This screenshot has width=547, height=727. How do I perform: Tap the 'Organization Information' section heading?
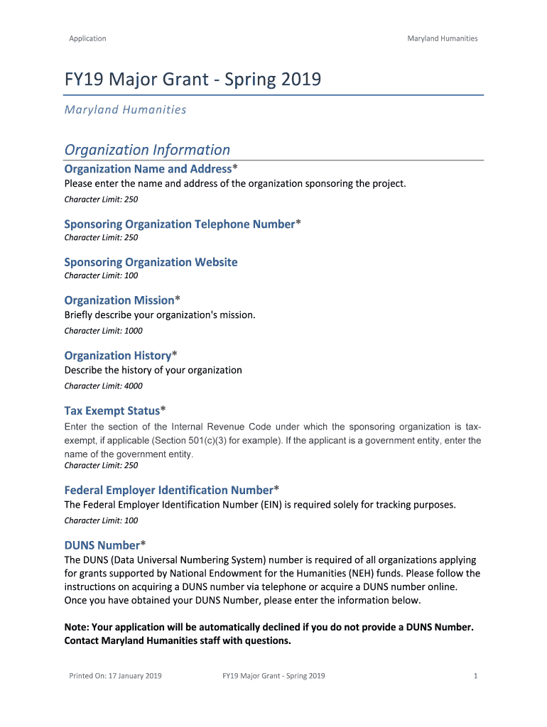[147, 150]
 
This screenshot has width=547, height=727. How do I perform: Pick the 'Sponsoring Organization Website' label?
[151, 262]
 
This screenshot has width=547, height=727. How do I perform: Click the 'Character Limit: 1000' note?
[103, 331]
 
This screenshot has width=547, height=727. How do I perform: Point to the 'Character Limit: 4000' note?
[103, 386]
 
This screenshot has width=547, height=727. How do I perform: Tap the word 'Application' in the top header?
[87, 38]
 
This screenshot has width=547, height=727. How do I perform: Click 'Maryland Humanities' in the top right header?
[442, 38]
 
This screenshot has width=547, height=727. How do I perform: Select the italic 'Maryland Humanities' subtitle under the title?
[125, 109]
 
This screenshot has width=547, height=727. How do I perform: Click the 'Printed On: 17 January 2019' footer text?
[115, 676]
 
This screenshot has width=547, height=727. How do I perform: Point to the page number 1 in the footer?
[475, 676]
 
